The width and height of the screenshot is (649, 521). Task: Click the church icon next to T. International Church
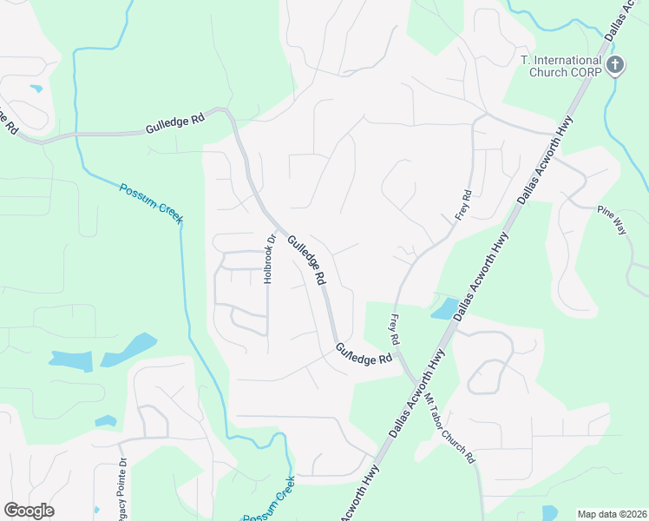point(615,64)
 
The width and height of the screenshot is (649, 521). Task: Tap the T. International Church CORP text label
point(560,65)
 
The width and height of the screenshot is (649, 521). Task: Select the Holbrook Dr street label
point(270,257)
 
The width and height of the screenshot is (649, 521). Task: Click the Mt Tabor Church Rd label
point(450,428)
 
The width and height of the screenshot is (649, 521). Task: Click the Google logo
point(29,511)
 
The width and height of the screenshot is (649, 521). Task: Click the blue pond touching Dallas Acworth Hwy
point(444,307)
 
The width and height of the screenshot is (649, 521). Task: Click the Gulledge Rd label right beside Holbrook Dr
point(307,260)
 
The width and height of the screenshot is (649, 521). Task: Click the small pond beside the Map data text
point(549,512)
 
